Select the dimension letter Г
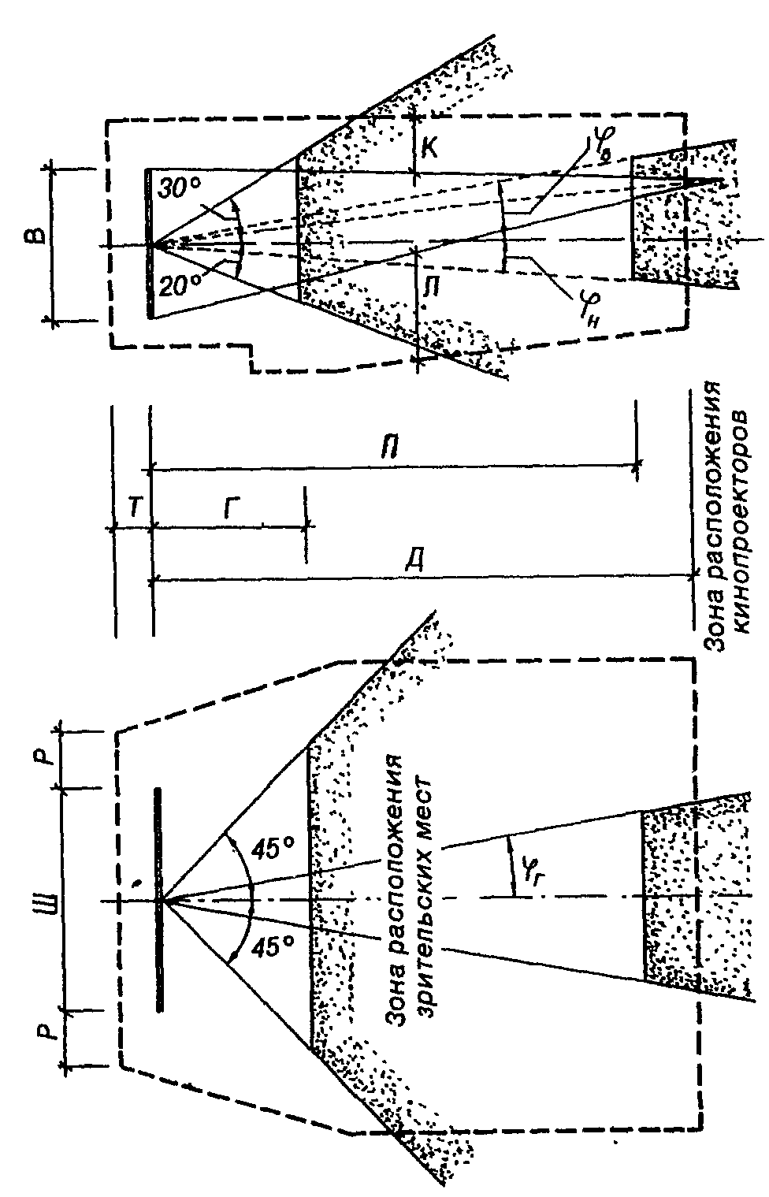click(x=229, y=509)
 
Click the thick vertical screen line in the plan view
click(x=159, y=898)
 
